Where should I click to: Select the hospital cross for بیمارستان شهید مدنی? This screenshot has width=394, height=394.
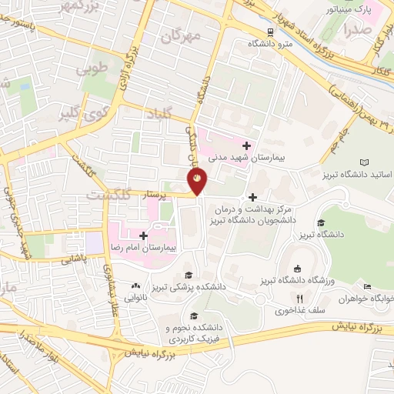coord(246,145)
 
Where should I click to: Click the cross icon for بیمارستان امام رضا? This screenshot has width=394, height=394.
coord(143,235)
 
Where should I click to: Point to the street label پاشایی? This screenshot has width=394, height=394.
coord(86,258)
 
